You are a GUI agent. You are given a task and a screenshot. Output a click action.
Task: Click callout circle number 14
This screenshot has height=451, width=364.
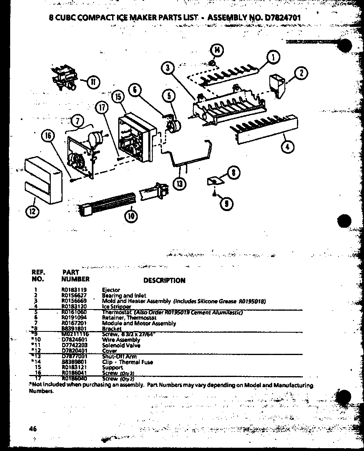[217, 50]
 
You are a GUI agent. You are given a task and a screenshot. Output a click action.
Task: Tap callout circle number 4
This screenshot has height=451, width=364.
[287, 147]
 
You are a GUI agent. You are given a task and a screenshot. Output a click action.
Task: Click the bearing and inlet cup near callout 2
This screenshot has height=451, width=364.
[279, 85]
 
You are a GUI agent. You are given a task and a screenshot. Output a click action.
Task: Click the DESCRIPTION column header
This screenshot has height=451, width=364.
[164, 280]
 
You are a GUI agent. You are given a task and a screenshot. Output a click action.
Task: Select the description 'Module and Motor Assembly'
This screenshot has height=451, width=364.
[139, 323]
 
